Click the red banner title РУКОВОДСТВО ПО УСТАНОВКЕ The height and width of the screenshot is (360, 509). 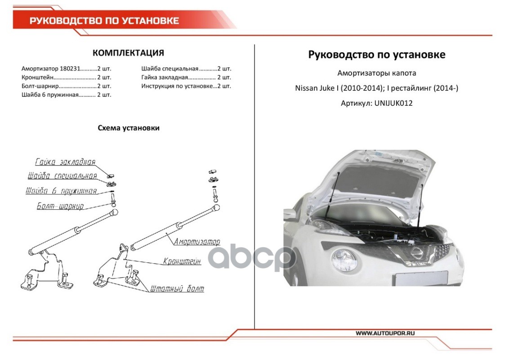pos(104,21)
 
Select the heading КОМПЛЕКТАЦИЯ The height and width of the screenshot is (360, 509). pos(128,53)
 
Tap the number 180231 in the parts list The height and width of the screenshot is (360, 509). pos(70,68)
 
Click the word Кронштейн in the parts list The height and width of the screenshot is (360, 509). pos(37,77)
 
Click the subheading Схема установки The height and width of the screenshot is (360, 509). pos(129,128)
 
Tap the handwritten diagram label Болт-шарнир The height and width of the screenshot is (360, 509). pos(60,206)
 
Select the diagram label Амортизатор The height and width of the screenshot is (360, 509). pos(197,242)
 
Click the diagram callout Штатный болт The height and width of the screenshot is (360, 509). pos(177,288)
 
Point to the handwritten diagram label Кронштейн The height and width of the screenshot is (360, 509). pos(182,261)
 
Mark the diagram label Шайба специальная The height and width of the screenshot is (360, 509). pos(63,176)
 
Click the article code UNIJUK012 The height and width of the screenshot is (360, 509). pos(393,103)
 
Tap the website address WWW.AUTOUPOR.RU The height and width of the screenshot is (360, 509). pos(385,333)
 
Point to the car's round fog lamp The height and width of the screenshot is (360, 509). pos(344,260)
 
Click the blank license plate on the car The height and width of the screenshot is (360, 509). pos(421,279)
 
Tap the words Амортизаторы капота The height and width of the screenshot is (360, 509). pos(376,73)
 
